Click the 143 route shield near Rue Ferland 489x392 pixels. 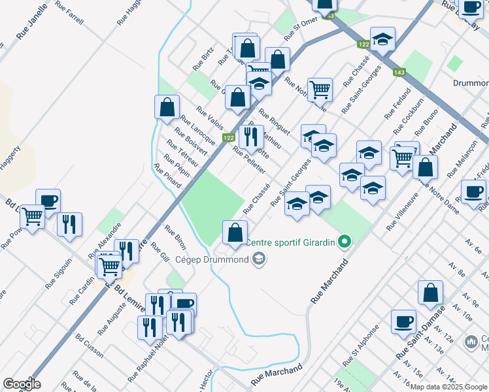click(399, 73)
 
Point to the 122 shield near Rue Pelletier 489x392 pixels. click(228, 138)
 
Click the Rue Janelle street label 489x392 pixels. click(31, 21)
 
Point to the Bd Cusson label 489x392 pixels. click(89, 347)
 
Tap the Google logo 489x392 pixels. click(22, 384)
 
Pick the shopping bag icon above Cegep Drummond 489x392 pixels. click(235, 231)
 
